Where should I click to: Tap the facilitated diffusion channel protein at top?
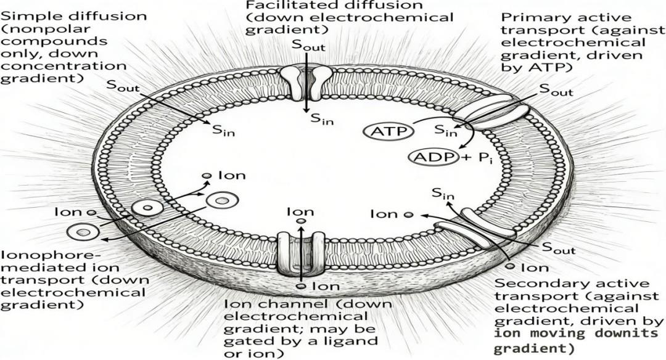(x=306, y=81)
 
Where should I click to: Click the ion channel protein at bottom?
(x=300, y=253)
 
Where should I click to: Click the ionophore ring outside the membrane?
(x=83, y=232)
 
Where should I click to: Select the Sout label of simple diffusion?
(x=123, y=86)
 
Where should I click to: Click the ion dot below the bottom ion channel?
(x=300, y=287)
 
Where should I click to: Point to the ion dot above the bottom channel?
(x=300, y=221)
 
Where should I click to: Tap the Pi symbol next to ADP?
(x=482, y=158)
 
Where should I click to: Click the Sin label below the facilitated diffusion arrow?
(x=321, y=119)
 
